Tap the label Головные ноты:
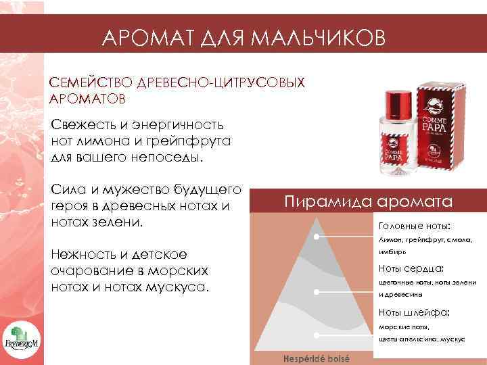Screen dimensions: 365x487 click(x=415, y=226)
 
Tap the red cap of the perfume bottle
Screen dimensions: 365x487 click(x=396, y=101)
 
